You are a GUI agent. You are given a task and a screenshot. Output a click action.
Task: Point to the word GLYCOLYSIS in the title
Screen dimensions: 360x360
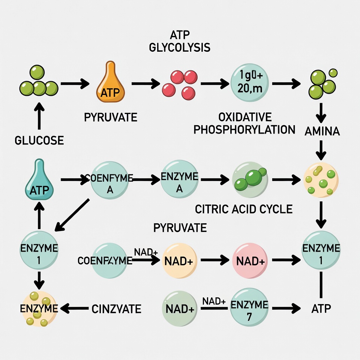pos(180,48)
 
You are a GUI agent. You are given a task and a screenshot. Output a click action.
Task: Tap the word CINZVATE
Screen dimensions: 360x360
pos(116,309)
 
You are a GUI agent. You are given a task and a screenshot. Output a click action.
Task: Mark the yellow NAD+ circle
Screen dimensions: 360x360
pos(179,261)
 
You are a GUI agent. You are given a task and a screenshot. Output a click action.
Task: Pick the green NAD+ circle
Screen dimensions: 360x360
pos(180,309)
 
